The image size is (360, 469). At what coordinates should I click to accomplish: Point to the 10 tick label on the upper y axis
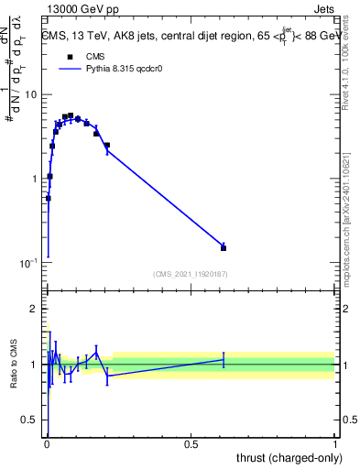pyautogui.click(x=28, y=95)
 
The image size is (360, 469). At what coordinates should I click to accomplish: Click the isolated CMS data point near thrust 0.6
pyautogui.click(x=224, y=247)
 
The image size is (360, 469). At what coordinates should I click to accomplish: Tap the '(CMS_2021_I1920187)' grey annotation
pyautogui.click(x=191, y=273)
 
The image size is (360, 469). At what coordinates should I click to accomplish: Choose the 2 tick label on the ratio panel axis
pyautogui.click(x=34, y=309)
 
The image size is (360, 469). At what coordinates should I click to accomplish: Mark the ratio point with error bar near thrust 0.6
pyautogui.click(x=224, y=360)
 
